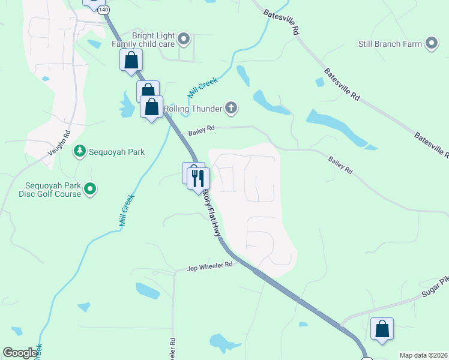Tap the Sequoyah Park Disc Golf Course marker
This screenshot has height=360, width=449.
[x=90, y=190]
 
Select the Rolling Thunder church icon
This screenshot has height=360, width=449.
[x=231, y=108]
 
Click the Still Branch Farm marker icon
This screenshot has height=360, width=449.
[x=431, y=43]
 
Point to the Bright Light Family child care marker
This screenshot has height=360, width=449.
[x=184, y=40]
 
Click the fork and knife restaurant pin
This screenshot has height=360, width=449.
[x=197, y=178]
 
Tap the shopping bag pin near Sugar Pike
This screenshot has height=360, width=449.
[x=382, y=329]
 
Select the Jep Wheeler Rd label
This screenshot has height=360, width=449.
[x=209, y=265]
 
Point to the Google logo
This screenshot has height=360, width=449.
[x=20, y=353]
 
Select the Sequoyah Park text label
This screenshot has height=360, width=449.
[x=118, y=152]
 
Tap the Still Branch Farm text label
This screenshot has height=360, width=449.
[x=390, y=43]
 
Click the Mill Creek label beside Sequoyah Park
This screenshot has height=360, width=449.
[x=125, y=209]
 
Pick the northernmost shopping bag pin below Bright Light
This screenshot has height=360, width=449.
[x=131, y=61]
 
